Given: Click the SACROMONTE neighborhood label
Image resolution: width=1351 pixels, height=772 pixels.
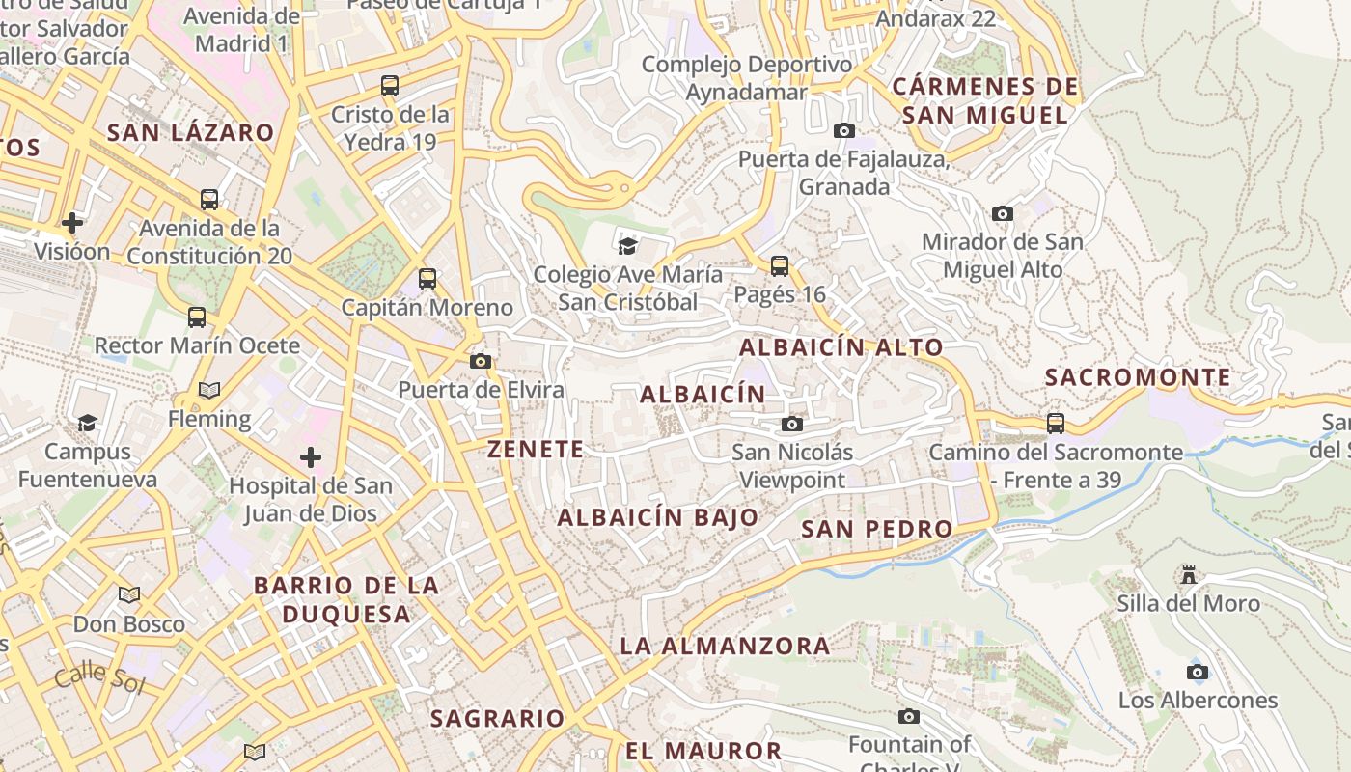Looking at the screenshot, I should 1138,377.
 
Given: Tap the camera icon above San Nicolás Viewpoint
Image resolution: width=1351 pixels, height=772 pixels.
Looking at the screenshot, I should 792,424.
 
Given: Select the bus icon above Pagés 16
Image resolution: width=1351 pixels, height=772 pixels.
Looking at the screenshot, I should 780,265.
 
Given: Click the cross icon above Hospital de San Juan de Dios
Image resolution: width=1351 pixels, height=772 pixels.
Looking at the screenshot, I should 311,456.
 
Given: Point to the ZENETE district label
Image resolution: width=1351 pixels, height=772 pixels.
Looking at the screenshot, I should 536,449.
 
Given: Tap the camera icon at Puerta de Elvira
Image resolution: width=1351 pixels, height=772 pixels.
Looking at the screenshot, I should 481,361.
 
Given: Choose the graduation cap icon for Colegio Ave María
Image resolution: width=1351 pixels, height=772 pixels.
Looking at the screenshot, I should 628,245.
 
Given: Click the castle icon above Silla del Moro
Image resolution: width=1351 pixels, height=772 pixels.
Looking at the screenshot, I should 1189,575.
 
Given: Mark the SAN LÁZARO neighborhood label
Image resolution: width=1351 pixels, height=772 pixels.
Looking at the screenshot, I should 191,132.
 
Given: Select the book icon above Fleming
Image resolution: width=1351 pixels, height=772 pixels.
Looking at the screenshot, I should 209,391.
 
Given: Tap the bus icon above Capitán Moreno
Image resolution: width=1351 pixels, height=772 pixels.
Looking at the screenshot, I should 427,279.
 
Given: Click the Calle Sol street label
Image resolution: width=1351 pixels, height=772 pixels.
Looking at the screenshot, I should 98,678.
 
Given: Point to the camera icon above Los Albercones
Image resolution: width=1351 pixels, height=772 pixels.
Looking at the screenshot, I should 1198,672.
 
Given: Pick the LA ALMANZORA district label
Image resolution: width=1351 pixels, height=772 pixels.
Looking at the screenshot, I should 725,646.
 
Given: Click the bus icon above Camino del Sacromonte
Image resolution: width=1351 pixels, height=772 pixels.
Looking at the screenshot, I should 1056,423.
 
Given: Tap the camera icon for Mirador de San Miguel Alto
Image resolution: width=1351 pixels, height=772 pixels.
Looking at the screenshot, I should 1003,213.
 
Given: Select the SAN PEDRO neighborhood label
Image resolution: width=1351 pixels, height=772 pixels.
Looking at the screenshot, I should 877,529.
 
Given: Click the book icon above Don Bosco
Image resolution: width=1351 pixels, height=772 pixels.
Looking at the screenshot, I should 129,594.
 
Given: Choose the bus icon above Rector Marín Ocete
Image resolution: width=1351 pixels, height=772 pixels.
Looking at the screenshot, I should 197,317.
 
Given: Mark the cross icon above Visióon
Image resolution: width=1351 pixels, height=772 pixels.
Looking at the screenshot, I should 72,224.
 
